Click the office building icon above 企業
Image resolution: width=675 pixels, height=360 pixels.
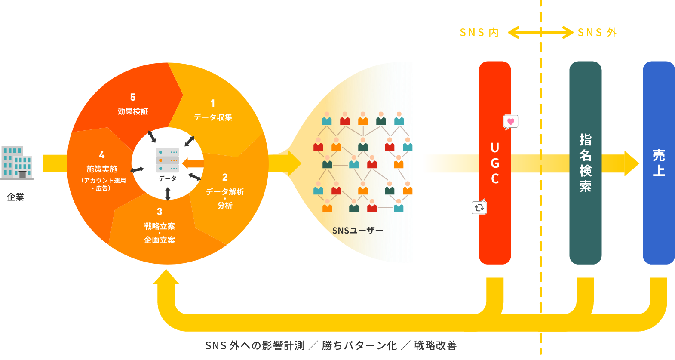17,163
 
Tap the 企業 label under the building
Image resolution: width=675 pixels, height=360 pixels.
15,197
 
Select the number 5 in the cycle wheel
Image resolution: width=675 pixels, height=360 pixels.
133,98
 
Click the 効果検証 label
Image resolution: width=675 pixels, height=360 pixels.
133,111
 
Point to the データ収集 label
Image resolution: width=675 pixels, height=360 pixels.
213,117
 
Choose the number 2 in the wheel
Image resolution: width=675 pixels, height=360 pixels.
225,177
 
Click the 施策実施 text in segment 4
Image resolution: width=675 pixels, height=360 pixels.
102,169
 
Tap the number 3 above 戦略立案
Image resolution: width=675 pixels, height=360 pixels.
160,212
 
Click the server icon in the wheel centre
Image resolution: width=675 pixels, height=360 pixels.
168,160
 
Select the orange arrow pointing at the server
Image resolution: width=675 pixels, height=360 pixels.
192,163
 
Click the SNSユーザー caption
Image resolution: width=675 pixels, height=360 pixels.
357,231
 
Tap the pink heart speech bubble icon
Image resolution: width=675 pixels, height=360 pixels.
511,122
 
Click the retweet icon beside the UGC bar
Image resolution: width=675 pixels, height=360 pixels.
479,208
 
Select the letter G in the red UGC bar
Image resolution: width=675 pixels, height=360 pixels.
495,163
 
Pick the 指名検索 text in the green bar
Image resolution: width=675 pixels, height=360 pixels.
585,163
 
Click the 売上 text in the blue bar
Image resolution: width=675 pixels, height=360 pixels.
659,163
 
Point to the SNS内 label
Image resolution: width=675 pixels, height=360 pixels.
479,33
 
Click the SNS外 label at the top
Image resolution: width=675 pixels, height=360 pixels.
597,33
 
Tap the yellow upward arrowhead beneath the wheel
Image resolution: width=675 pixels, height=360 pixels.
166,277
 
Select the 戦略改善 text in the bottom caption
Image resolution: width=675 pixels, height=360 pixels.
435,345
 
